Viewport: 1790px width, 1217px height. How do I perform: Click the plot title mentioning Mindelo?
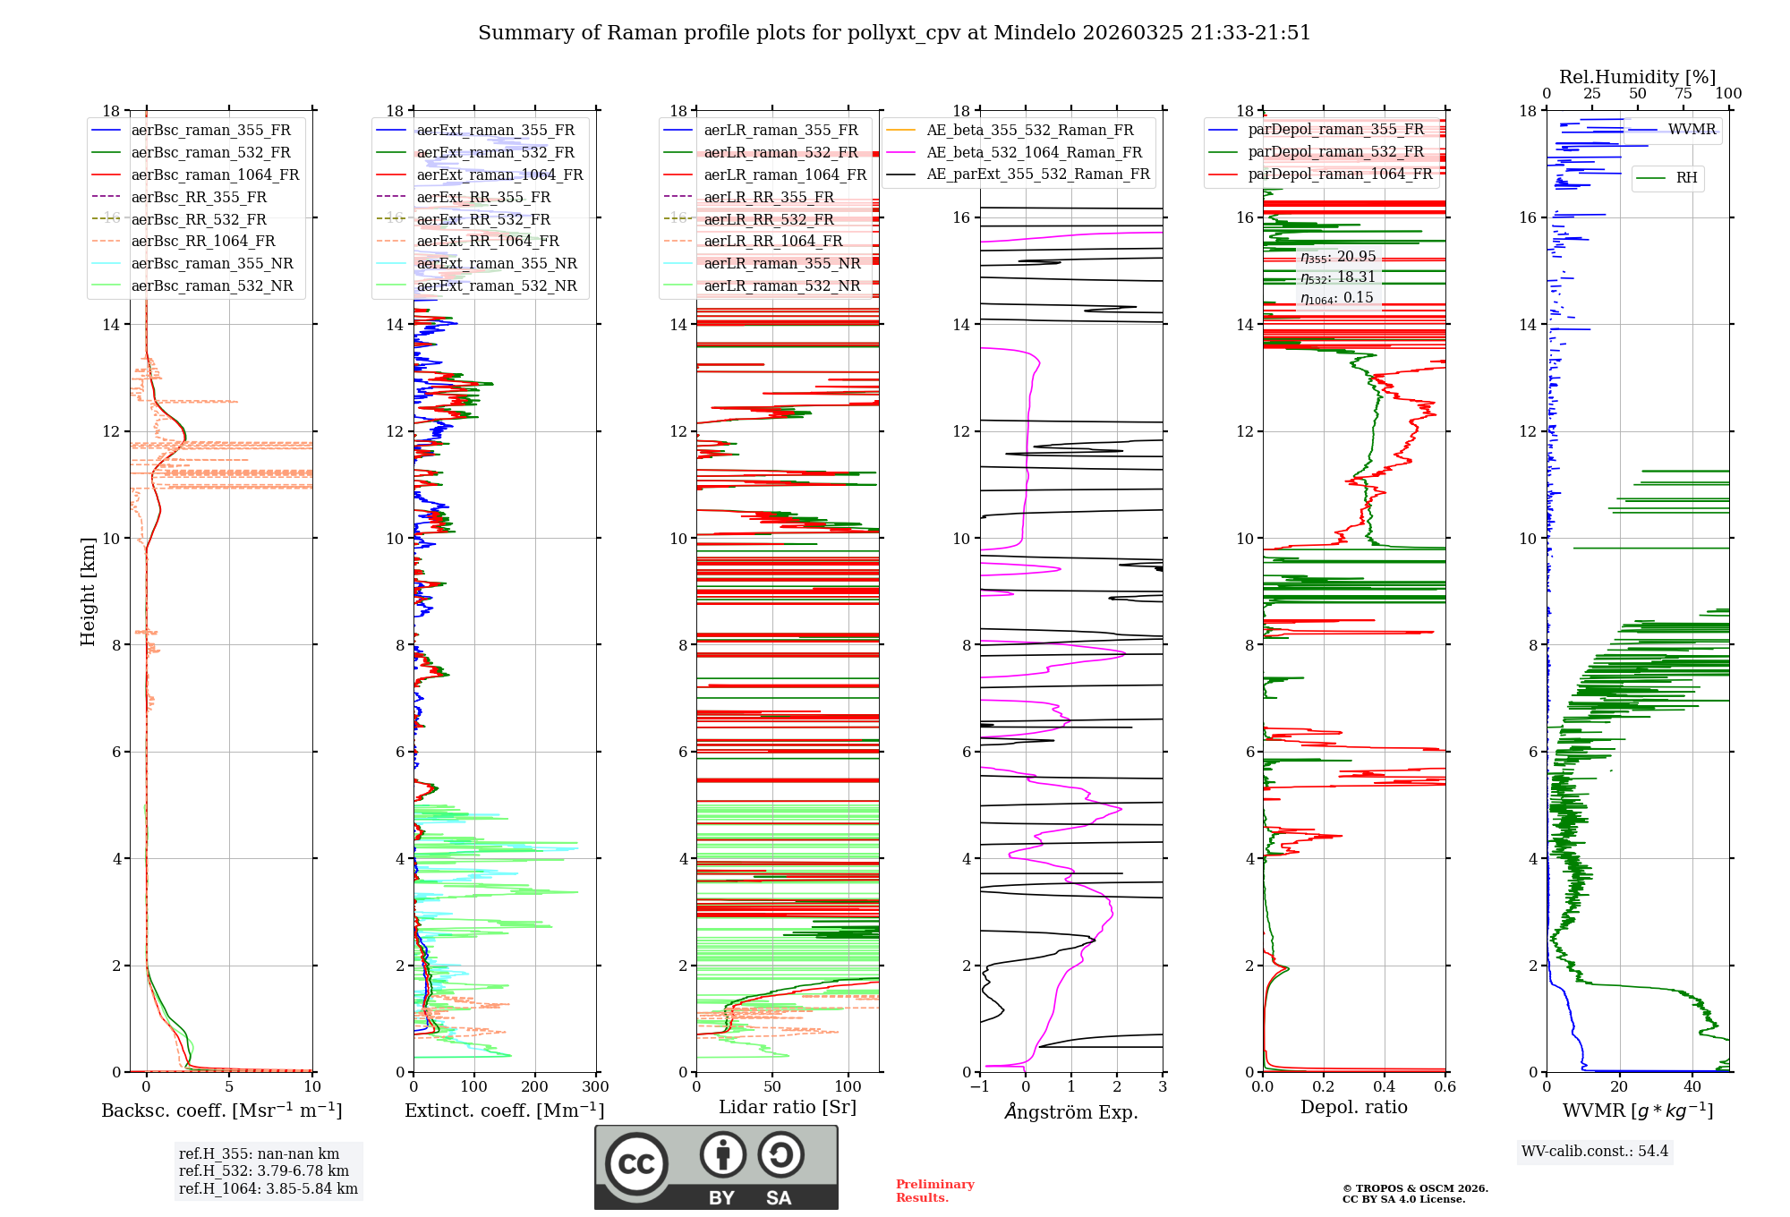[x=894, y=33]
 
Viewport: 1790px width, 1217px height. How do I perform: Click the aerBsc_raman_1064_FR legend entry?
[x=215, y=174]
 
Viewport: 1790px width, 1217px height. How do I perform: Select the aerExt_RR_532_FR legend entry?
[x=483, y=219]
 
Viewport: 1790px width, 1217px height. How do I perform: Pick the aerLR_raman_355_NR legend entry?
[x=781, y=263]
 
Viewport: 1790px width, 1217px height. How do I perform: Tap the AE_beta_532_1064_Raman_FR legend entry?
[x=1034, y=152]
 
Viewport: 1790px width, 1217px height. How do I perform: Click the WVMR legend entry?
[x=1692, y=130]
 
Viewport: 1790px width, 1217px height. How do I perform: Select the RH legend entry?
[x=1686, y=178]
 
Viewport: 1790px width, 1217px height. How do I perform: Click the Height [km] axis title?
[x=88, y=591]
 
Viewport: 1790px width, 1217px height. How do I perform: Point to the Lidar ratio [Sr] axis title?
[x=788, y=1107]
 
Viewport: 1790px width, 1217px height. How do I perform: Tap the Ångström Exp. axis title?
[x=1071, y=1111]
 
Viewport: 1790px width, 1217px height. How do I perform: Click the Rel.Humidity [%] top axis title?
[x=1637, y=77]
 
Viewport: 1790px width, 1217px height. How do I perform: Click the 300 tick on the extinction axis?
[x=595, y=1087]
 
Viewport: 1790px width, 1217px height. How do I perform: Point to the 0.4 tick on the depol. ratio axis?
[x=1385, y=1087]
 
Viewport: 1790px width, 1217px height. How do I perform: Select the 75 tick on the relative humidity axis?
[x=1683, y=94]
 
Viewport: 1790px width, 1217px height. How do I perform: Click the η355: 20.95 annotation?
[x=1338, y=257]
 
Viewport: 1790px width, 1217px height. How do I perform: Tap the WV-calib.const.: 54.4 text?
[x=1595, y=1151]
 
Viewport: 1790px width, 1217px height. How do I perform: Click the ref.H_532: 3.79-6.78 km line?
[x=264, y=1170]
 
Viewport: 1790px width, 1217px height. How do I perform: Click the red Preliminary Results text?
[x=934, y=1190]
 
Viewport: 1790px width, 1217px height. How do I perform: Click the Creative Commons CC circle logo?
[x=636, y=1163]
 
